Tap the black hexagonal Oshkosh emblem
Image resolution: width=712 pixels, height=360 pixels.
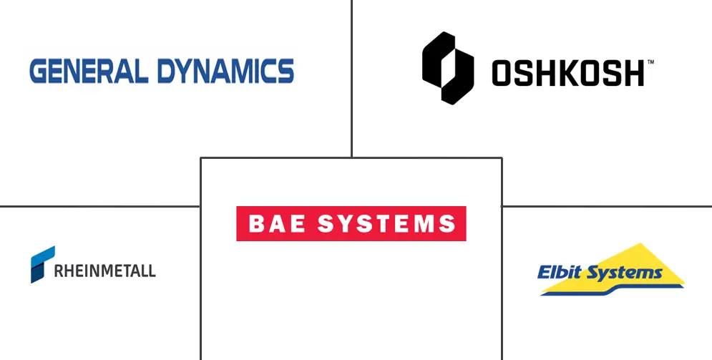coord(448,69)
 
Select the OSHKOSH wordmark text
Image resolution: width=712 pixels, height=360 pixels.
coord(567,73)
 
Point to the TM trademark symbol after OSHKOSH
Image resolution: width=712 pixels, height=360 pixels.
coord(650,63)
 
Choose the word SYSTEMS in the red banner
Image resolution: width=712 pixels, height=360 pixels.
coord(386,223)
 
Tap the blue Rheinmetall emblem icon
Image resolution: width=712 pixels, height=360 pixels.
coord(42,264)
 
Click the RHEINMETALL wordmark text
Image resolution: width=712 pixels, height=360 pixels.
coord(105,271)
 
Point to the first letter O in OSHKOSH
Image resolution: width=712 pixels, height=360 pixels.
coord(503,73)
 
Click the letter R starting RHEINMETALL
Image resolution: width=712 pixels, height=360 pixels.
coord(58,271)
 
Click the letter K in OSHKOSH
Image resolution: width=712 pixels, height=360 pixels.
coord(567,73)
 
